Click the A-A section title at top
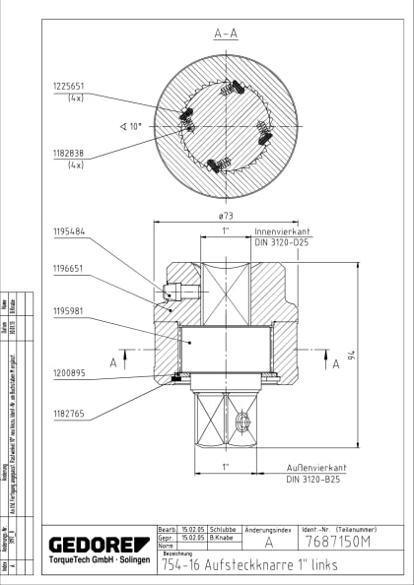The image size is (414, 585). [227, 32]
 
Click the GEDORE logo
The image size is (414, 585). [99, 544]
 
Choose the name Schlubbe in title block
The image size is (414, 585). [219, 531]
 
